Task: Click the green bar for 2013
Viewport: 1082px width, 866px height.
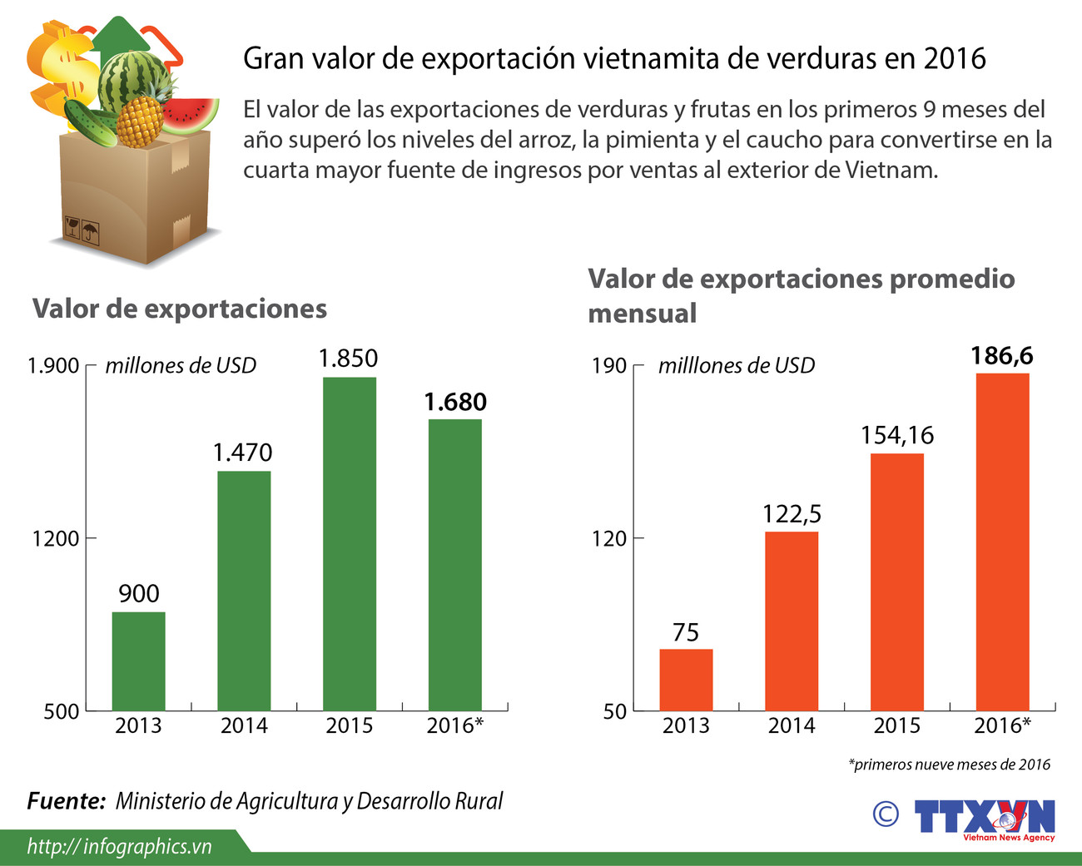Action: [x=138, y=661]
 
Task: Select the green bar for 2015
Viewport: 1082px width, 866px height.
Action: [x=350, y=544]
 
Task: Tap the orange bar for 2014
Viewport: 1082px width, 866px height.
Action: [x=792, y=621]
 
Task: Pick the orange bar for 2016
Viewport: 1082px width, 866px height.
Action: [x=1002, y=542]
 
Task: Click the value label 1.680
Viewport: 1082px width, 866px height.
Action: [x=454, y=402]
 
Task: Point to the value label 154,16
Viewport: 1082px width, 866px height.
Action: [x=897, y=435]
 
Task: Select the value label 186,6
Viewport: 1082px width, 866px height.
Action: [x=1002, y=356]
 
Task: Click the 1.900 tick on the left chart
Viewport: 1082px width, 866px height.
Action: [x=53, y=366]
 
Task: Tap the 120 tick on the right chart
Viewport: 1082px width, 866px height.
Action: [x=609, y=538]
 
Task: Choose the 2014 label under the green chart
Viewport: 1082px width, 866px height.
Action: [x=244, y=725]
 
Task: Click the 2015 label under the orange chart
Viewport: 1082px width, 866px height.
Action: [x=897, y=725]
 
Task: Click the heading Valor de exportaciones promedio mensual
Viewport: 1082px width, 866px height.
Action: [x=801, y=295]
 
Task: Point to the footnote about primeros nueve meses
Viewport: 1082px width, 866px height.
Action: [x=949, y=765]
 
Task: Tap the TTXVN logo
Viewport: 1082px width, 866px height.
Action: [x=985, y=819]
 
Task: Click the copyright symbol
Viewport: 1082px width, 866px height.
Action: [x=886, y=814]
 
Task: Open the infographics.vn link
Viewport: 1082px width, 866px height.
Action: [x=119, y=847]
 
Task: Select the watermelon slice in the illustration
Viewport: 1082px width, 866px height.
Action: [x=190, y=115]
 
